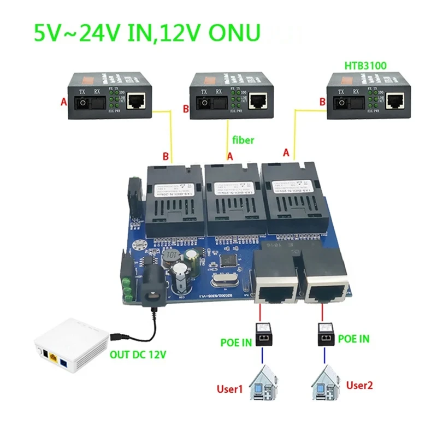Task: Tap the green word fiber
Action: [243, 140]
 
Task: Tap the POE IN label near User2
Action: [353, 339]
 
